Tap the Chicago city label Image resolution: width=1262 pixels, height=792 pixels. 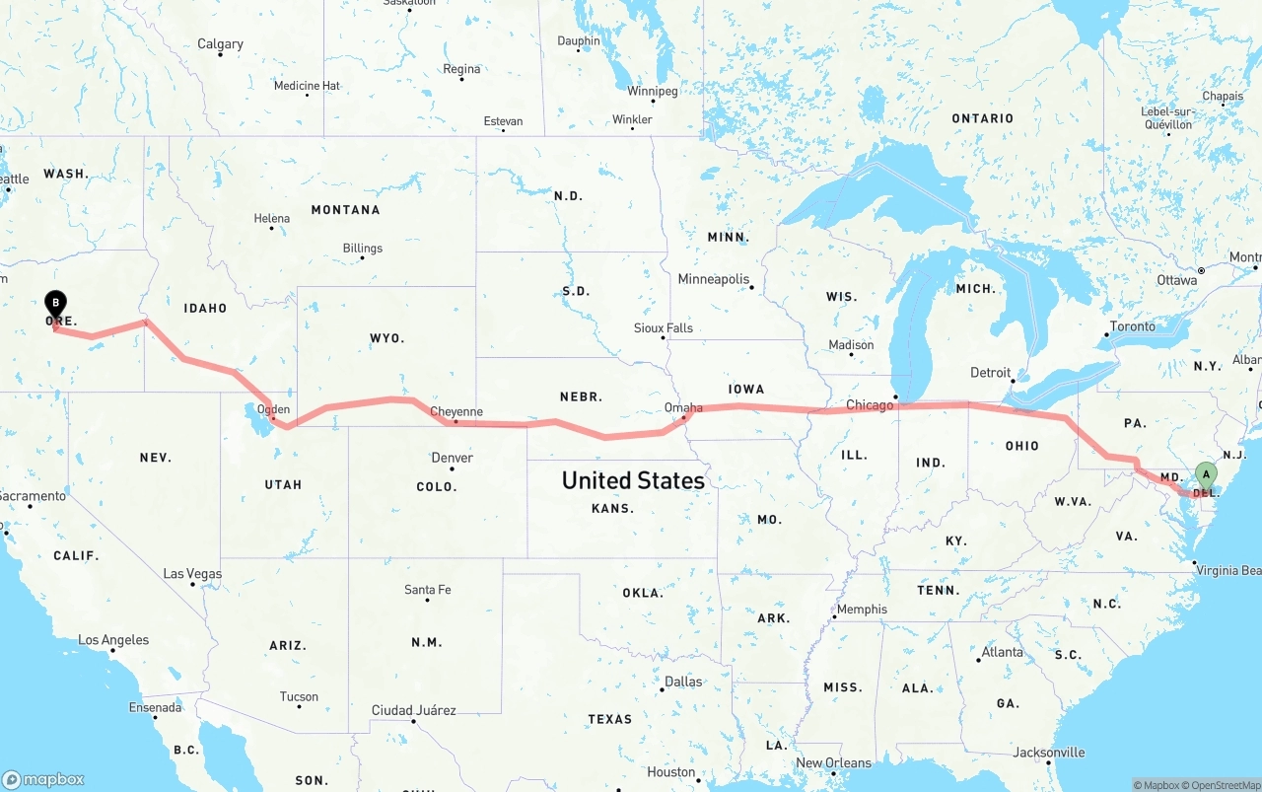pyautogui.click(x=870, y=405)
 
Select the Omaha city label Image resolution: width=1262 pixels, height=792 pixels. pyautogui.click(x=683, y=407)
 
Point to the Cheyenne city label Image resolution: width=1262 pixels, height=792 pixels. pyautogui.click(x=456, y=412)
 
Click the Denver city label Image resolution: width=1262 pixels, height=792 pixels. pyautogui.click(x=452, y=458)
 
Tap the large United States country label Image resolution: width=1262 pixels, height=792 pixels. pyautogui.click(x=633, y=480)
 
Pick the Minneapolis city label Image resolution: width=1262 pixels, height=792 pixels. pyautogui.click(x=714, y=279)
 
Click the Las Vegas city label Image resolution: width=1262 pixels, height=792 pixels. pyautogui.click(x=192, y=574)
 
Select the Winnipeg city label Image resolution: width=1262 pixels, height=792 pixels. pyautogui.click(x=653, y=92)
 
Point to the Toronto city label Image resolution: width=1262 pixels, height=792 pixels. pyautogui.click(x=1132, y=326)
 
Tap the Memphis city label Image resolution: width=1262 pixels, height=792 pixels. pyautogui.click(x=863, y=610)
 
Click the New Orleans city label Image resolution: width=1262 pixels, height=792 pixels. pyautogui.click(x=833, y=762)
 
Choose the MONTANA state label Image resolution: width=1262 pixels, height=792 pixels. pyautogui.click(x=345, y=210)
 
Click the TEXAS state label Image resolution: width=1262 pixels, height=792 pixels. pyautogui.click(x=609, y=719)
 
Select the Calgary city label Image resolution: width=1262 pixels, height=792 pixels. pyautogui.click(x=220, y=44)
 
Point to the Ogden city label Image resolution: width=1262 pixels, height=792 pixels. pyautogui.click(x=273, y=409)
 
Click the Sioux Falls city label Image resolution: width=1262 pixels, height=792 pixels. pyautogui.click(x=663, y=328)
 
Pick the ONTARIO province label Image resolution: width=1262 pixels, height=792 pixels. pyautogui.click(x=982, y=118)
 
